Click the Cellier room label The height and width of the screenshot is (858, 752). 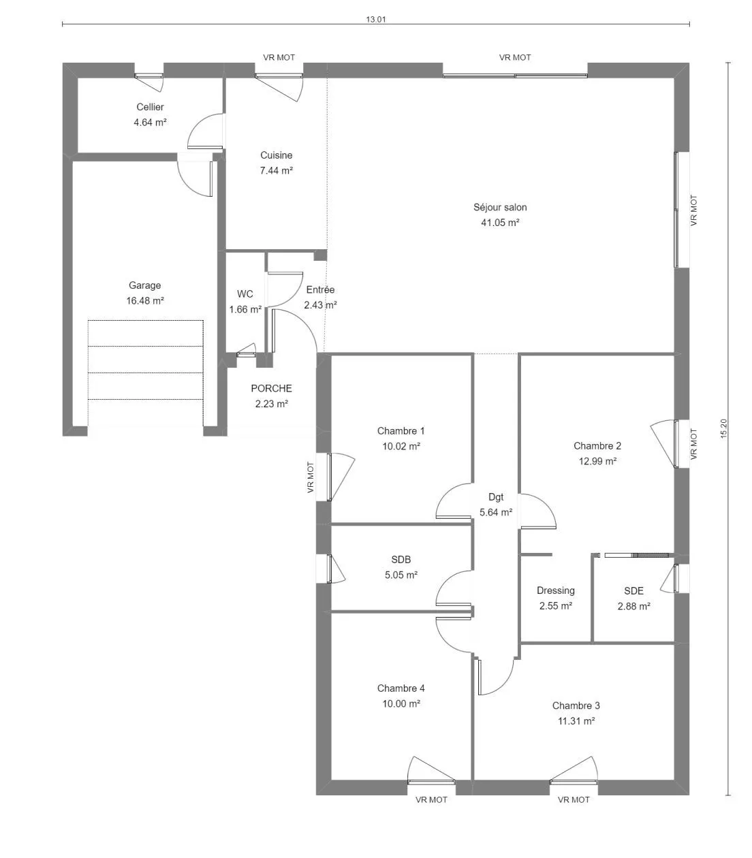150,107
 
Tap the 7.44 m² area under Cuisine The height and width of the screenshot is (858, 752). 277,171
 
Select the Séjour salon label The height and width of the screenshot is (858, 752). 500,208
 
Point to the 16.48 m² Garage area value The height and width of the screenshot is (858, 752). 145,301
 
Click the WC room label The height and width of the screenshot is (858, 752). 245,294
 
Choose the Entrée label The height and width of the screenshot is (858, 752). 320,289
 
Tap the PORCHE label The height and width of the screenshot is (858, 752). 271,388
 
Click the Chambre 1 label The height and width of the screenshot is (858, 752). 401,430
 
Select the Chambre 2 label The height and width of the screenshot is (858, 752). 597,445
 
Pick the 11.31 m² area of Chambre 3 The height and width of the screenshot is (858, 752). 576,720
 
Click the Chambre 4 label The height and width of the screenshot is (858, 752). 401,688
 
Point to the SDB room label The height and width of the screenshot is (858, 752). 401,560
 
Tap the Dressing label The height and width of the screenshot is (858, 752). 555,591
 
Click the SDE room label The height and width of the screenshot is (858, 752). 633,591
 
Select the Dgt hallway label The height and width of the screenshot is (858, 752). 496,497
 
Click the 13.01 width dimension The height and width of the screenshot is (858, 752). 376,19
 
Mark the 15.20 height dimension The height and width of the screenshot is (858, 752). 723,428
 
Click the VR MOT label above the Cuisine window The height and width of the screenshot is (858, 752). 279,57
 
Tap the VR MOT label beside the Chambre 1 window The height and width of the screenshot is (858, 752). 310,477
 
